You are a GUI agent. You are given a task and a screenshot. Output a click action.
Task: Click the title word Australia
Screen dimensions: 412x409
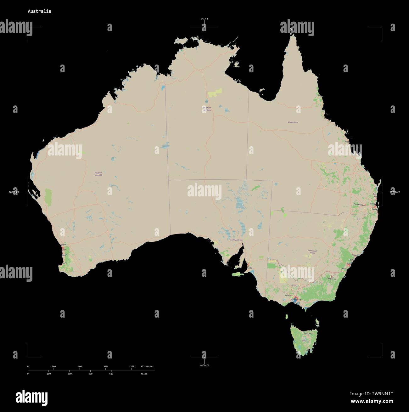coord(39,11)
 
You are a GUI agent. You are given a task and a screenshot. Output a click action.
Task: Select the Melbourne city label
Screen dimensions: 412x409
coord(296,299)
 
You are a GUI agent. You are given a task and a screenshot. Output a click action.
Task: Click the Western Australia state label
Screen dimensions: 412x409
coord(98,174)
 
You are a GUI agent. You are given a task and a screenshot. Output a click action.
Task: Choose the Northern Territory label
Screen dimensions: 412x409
coord(207,109)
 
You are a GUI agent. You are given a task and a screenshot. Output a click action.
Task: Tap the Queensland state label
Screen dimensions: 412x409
coord(293,122)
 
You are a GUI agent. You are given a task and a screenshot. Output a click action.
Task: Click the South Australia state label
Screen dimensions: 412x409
coord(236,240)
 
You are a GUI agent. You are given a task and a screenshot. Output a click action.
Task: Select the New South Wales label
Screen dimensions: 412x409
coord(312,251)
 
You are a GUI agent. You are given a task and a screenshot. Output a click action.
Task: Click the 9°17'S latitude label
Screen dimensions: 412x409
coord(204,19)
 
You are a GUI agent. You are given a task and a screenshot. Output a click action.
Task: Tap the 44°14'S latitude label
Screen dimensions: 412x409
coord(204,365)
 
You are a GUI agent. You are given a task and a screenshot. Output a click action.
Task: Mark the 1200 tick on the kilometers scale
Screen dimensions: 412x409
coord(132,367)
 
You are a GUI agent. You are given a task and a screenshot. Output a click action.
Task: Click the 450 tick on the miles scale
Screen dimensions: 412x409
coord(90,374)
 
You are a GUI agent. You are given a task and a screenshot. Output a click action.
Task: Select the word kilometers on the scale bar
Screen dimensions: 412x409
coord(147,367)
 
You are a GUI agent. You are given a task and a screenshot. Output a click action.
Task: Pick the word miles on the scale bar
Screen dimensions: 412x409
coord(144,374)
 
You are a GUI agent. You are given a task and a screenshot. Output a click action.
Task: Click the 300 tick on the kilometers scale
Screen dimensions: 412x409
coord(54,367)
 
